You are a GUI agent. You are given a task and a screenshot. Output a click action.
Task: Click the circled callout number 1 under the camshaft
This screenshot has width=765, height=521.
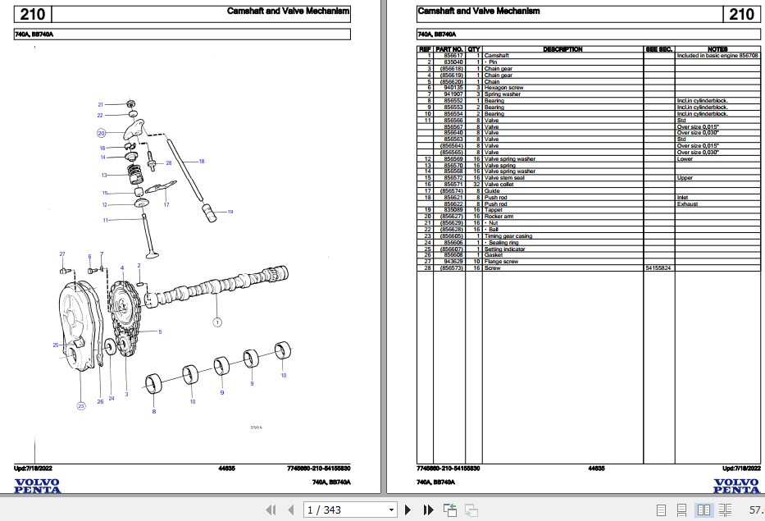click(217, 322)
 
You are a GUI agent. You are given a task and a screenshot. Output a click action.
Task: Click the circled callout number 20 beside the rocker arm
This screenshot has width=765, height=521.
click(101, 132)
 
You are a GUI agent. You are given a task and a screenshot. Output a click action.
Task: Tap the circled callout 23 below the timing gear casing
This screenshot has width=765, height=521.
click(80, 405)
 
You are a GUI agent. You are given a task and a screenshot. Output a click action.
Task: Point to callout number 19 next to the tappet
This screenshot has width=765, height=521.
click(230, 213)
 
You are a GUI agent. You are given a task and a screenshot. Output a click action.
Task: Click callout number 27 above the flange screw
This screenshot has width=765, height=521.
click(61, 254)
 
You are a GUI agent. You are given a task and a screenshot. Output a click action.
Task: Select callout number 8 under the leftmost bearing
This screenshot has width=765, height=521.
click(153, 411)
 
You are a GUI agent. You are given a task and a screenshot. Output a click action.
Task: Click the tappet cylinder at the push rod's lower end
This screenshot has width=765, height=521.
click(208, 211)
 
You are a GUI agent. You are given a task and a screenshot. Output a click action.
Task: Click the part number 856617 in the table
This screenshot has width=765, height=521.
click(453, 56)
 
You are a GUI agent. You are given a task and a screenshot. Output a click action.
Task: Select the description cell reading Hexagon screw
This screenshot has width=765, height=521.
click(503, 88)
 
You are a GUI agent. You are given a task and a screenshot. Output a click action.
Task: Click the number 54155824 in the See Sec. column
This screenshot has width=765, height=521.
click(658, 268)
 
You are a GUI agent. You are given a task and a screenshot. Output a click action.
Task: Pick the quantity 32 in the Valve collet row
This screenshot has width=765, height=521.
click(474, 185)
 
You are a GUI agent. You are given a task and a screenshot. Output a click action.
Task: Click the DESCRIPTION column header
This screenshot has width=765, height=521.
click(562, 49)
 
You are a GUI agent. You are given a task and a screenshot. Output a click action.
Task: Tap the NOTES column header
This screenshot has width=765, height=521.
click(717, 49)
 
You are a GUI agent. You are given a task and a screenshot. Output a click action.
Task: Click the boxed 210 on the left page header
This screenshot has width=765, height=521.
click(33, 14)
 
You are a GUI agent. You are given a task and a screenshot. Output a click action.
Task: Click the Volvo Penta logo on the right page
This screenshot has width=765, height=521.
click(735, 486)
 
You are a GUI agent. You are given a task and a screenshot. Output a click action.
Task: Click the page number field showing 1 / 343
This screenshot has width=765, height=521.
click(349, 510)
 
